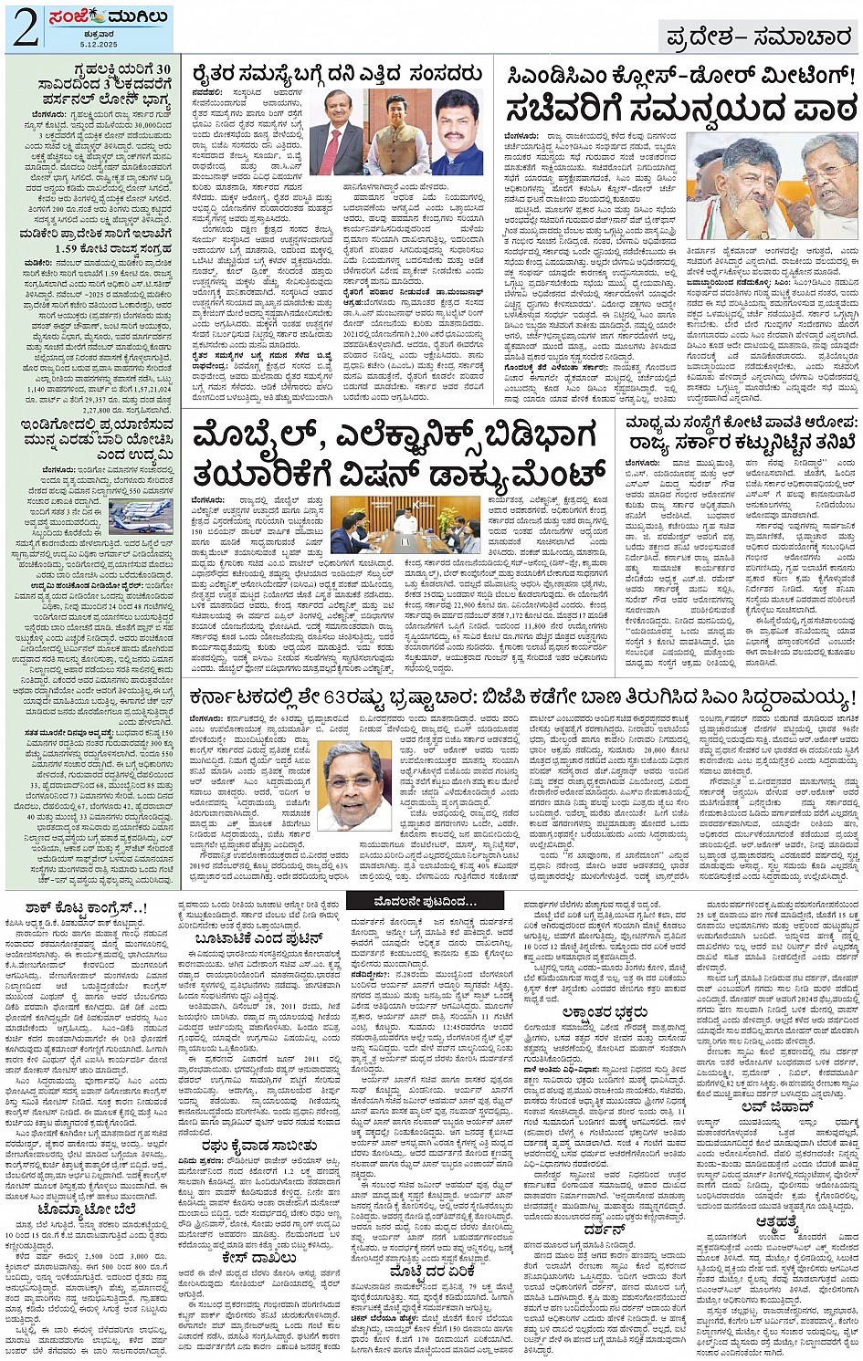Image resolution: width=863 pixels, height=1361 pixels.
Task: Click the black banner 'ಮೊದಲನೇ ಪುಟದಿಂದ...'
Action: [425, 901]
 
